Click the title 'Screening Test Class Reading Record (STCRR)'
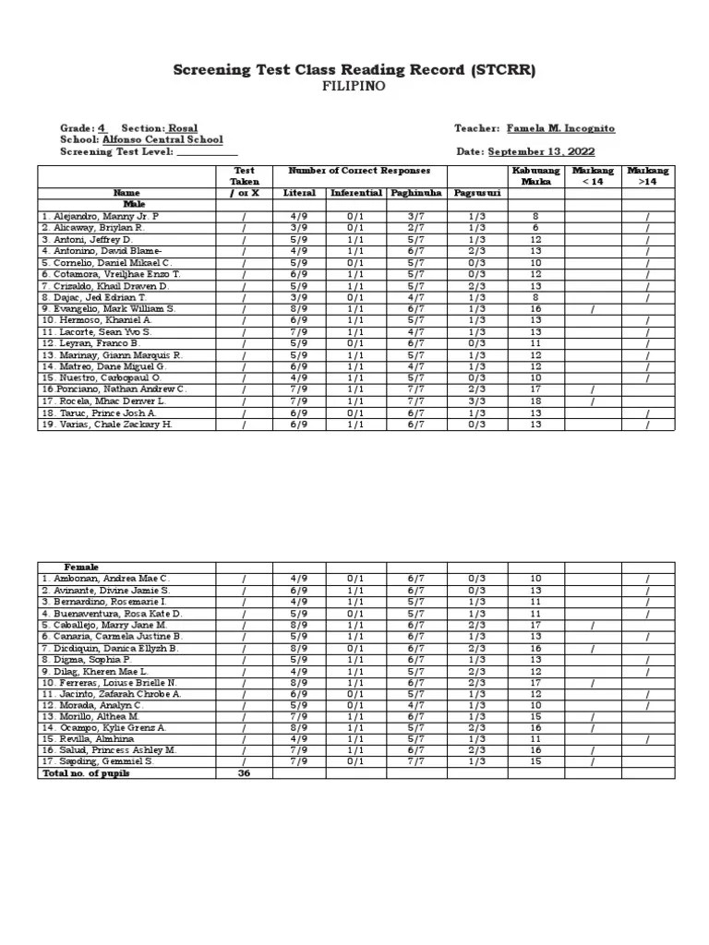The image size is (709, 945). click(x=354, y=70)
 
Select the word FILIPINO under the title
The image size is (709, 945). click(x=354, y=88)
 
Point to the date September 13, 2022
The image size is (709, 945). click(x=541, y=151)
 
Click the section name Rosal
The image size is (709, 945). click(x=182, y=128)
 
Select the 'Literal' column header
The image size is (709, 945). click(x=301, y=193)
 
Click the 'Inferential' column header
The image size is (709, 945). click(x=354, y=193)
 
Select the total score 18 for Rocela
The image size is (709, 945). click(x=535, y=401)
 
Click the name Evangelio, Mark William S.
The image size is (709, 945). click(x=108, y=308)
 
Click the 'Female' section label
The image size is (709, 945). click(x=81, y=567)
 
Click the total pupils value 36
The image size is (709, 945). click(x=245, y=773)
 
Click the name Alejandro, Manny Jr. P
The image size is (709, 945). click(x=101, y=215)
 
